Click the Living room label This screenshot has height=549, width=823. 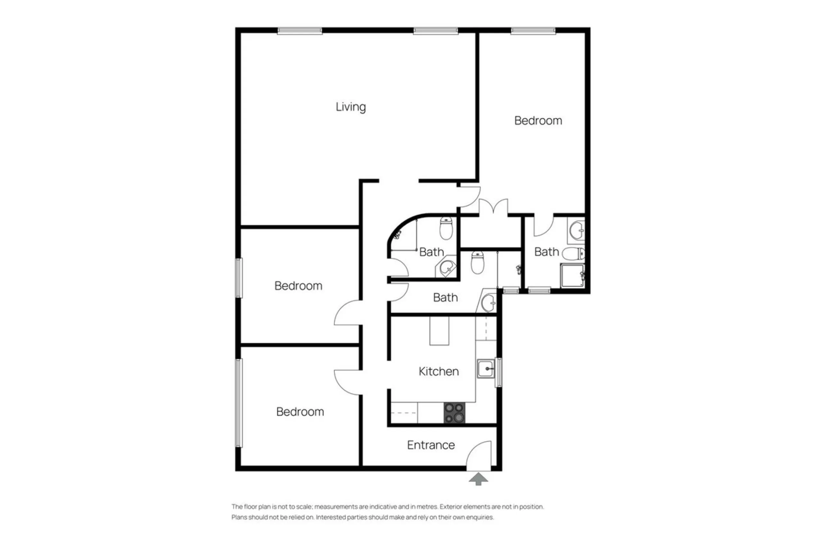[351, 107]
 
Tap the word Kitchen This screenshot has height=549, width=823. [439, 371]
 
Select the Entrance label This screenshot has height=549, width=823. [431, 445]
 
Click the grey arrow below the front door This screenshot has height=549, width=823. [478, 479]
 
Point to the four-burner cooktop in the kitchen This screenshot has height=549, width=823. [454, 413]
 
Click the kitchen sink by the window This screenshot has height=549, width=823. [486, 369]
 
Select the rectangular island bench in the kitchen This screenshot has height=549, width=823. [439, 331]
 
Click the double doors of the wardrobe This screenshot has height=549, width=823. [493, 206]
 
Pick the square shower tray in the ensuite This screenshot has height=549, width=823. [572, 276]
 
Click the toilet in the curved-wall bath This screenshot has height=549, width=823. [446, 228]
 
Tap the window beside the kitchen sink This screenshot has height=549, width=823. [498, 372]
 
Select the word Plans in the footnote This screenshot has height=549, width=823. [239, 517]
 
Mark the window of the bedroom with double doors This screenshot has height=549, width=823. [533, 31]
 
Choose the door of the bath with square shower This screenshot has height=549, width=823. [543, 226]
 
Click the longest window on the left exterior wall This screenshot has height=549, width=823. [239, 403]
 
